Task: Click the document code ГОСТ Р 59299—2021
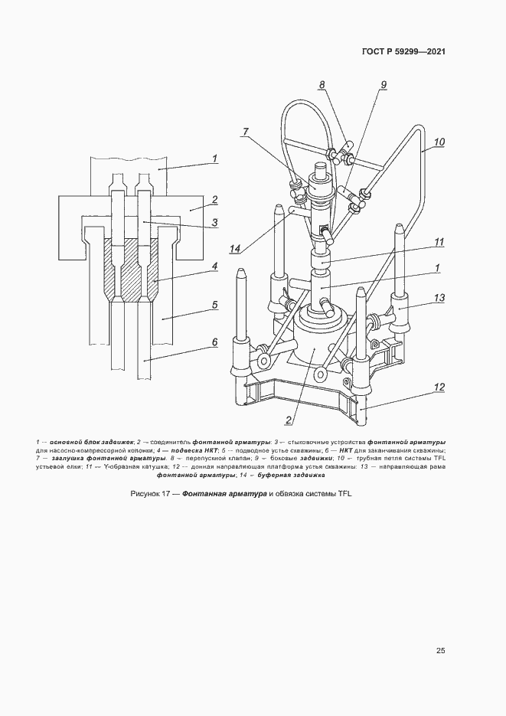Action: pyautogui.click(x=403, y=51)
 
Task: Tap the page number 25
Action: pyautogui.click(x=440, y=651)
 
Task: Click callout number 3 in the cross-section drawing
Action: pyautogui.click(x=214, y=224)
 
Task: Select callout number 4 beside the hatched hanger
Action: pyautogui.click(x=214, y=266)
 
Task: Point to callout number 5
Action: pyautogui.click(x=215, y=305)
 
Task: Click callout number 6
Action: pyautogui.click(x=215, y=342)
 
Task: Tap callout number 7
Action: pyautogui.click(x=246, y=132)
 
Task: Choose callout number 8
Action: pyautogui.click(x=322, y=84)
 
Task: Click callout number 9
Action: pyautogui.click(x=384, y=84)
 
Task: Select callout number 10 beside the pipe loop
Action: pyautogui.click(x=439, y=142)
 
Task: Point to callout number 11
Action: pyautogui.click(x=439, y=242)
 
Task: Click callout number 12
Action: pyautogui.click(x=439, y=387)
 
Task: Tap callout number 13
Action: pyautogui.click(x=439, y=298)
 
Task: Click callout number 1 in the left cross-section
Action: pyautogui.click(x=214, y=159)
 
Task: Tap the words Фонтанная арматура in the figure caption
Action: pyautogui.click(x=224, y=494)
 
